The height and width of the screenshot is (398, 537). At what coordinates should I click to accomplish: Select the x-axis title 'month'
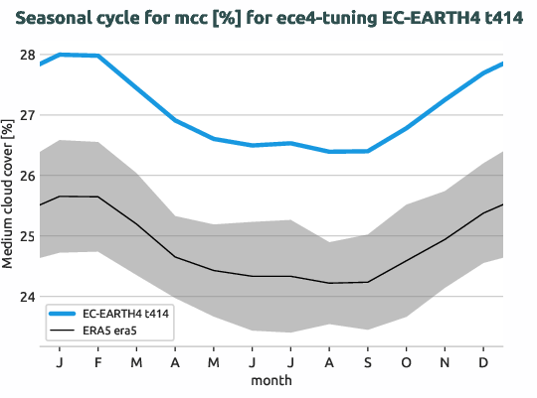(270, 380)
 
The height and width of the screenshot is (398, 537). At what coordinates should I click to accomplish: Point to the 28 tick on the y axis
(27, 54)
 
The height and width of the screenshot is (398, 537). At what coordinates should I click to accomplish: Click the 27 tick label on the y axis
(27, 115)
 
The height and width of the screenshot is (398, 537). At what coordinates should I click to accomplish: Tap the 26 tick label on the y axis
(27, 176)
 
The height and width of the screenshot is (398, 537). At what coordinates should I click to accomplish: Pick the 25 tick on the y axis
(27, 236)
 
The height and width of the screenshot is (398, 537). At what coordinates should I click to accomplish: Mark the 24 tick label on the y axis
(27, 297)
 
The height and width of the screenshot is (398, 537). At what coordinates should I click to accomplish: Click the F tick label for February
(97, 362)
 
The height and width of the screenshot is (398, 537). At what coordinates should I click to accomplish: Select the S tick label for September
(367, 362)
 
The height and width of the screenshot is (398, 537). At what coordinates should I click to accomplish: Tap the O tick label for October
(406, 362)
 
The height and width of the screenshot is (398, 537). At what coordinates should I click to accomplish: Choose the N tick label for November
(445, 362)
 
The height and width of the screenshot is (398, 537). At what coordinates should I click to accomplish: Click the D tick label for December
(483, 362)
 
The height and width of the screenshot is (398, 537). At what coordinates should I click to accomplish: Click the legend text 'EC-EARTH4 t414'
(126, 313)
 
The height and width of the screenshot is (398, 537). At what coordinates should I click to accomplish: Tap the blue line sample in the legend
(62, 313)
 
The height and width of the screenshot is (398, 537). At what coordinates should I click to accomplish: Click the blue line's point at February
(97, 56)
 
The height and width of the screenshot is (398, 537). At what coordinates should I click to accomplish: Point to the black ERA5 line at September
(367, 282)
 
